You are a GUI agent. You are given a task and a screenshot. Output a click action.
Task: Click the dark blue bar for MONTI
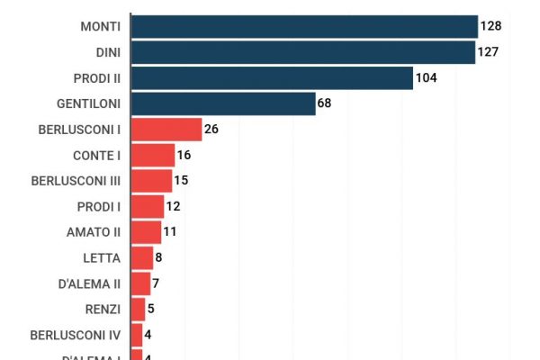[304, 26]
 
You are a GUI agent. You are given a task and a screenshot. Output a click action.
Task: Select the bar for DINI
[303, 52]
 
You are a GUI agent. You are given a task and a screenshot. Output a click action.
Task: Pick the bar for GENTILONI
[223, 103]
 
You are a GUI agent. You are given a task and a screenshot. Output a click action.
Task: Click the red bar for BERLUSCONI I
[166, 130]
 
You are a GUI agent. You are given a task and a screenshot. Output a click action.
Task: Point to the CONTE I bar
[153, 155]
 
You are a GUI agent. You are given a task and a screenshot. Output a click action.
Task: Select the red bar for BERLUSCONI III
[151, 181]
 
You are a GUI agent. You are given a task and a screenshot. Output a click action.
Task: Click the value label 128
[490, 26]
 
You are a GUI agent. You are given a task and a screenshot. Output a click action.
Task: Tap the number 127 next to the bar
[489, 52]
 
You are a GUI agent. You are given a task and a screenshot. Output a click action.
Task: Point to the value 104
[426, 78]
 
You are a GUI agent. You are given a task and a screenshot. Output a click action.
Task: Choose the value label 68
[325, 103]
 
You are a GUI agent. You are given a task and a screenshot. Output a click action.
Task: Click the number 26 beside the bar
[211, 130]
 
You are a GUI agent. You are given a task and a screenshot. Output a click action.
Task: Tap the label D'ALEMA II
[89, 283]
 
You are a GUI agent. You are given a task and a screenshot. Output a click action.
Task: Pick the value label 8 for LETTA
[159, 258]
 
